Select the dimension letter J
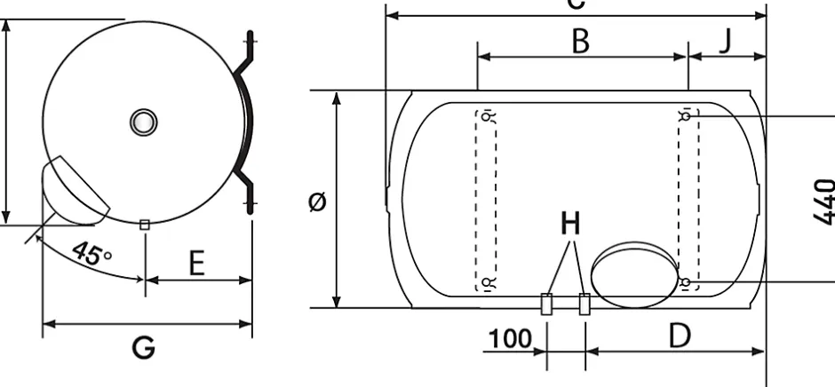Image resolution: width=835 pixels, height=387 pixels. [726, 40]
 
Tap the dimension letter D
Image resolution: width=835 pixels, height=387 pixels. [679, 335]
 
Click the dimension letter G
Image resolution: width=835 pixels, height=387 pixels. [143, 347]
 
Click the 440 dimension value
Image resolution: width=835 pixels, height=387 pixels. [823, 200]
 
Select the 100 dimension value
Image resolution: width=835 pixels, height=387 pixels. [509, 338]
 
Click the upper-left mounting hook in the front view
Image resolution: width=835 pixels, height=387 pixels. [487, 115]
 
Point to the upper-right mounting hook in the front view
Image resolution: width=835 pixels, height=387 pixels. [687, 115]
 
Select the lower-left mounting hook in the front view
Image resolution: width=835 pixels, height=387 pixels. [487, 283]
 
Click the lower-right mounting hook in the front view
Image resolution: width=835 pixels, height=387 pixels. [687, 282]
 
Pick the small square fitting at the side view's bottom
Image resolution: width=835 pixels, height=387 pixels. [144, 225]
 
